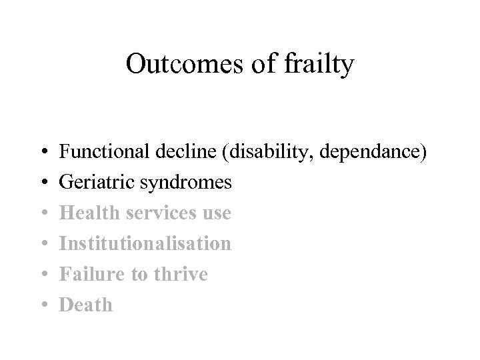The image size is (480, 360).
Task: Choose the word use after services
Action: click(x=216, y=213)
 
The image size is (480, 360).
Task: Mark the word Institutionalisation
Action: click(x=145, y=243)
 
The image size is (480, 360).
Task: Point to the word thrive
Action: click(x=178, y=274)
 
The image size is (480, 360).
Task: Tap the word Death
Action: click(x=86, y=305)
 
